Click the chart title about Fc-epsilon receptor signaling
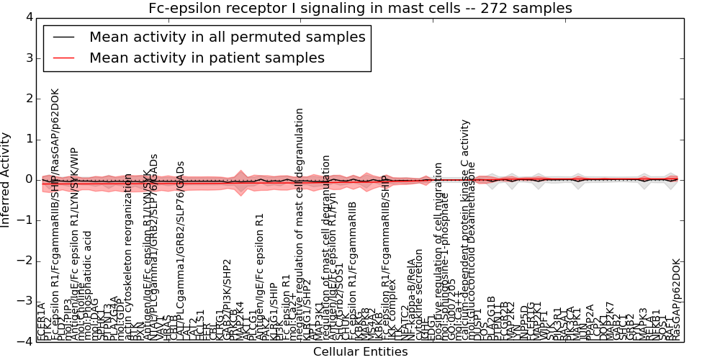(x=360, y=9)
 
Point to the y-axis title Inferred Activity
(x=6, y=179)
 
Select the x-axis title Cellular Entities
(x=360, y=352)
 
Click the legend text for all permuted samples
(x=227, y=37)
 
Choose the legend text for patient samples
(x=207, y=58)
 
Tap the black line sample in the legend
(x=63, y=37)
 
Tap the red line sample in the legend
(x=63, y=58)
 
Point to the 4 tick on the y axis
(x=28, y=17)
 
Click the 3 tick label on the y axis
(x=28, y=58)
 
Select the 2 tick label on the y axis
(x=28, y=99)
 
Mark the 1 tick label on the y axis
(x=28, y=139)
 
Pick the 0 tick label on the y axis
(x=28, y=179)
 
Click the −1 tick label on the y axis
(x=25, y=220)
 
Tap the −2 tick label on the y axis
(x=25, y=261)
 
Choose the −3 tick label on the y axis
(x=25, y=301)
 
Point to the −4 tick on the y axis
(x=25, y=341)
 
